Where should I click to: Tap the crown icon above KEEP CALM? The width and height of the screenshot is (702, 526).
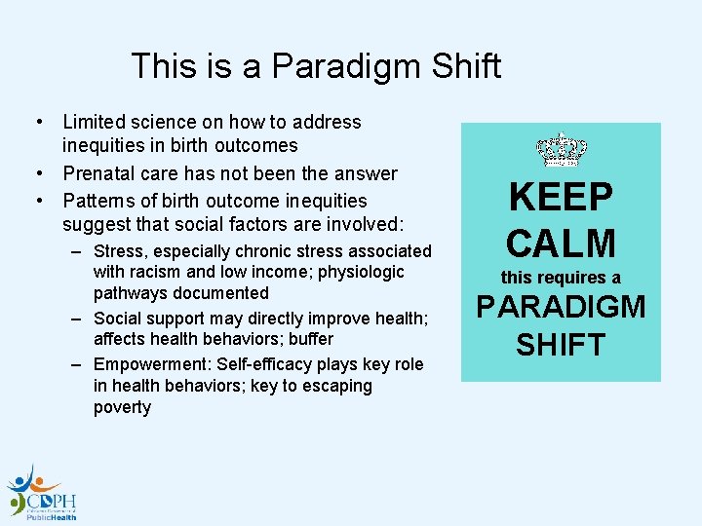(561, 150)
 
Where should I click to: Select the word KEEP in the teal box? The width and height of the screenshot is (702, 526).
(561, 198)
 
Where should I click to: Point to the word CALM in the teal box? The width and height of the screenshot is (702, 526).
(561, 243)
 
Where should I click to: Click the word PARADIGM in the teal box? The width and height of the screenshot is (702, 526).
(561, 307)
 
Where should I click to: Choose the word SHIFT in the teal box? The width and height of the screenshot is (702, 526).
(561, 344)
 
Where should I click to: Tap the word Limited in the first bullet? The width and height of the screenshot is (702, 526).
(94, 122)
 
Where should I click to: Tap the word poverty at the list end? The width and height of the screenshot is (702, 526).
(122, 407)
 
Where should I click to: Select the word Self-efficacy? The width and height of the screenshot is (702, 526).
(275, 364)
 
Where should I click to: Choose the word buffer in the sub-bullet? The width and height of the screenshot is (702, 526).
(311, 339)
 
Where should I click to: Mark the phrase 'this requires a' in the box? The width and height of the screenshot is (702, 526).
(561, 278)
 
